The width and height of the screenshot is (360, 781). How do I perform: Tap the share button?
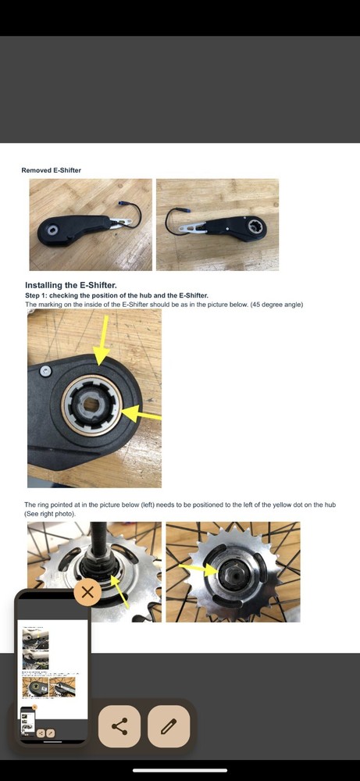coord(119,726)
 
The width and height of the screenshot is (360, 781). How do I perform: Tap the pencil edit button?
coord(169,726)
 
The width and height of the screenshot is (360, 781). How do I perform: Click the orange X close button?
coord(87,592)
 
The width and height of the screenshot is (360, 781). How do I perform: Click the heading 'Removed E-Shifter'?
coord(51,170)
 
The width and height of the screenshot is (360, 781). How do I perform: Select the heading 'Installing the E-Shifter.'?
coord(71,286)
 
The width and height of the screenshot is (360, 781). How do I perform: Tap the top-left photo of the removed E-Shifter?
coord(91,225)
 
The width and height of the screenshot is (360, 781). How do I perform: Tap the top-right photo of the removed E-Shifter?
coord(217,225)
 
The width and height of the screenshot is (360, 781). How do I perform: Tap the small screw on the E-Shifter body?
coord(46,370)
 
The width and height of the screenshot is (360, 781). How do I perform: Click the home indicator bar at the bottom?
coord(180,769)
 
